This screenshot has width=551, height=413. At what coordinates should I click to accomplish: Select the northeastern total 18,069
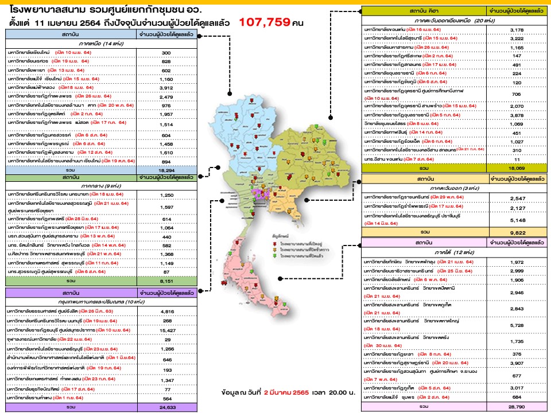(515, 169)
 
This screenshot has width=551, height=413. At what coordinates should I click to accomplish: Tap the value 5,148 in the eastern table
(515, 219)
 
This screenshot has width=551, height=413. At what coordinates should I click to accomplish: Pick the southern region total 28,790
(515, 406)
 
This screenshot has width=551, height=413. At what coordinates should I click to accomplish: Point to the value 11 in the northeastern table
(515, 159)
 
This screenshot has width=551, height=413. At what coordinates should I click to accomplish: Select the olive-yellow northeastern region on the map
(310, 155)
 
